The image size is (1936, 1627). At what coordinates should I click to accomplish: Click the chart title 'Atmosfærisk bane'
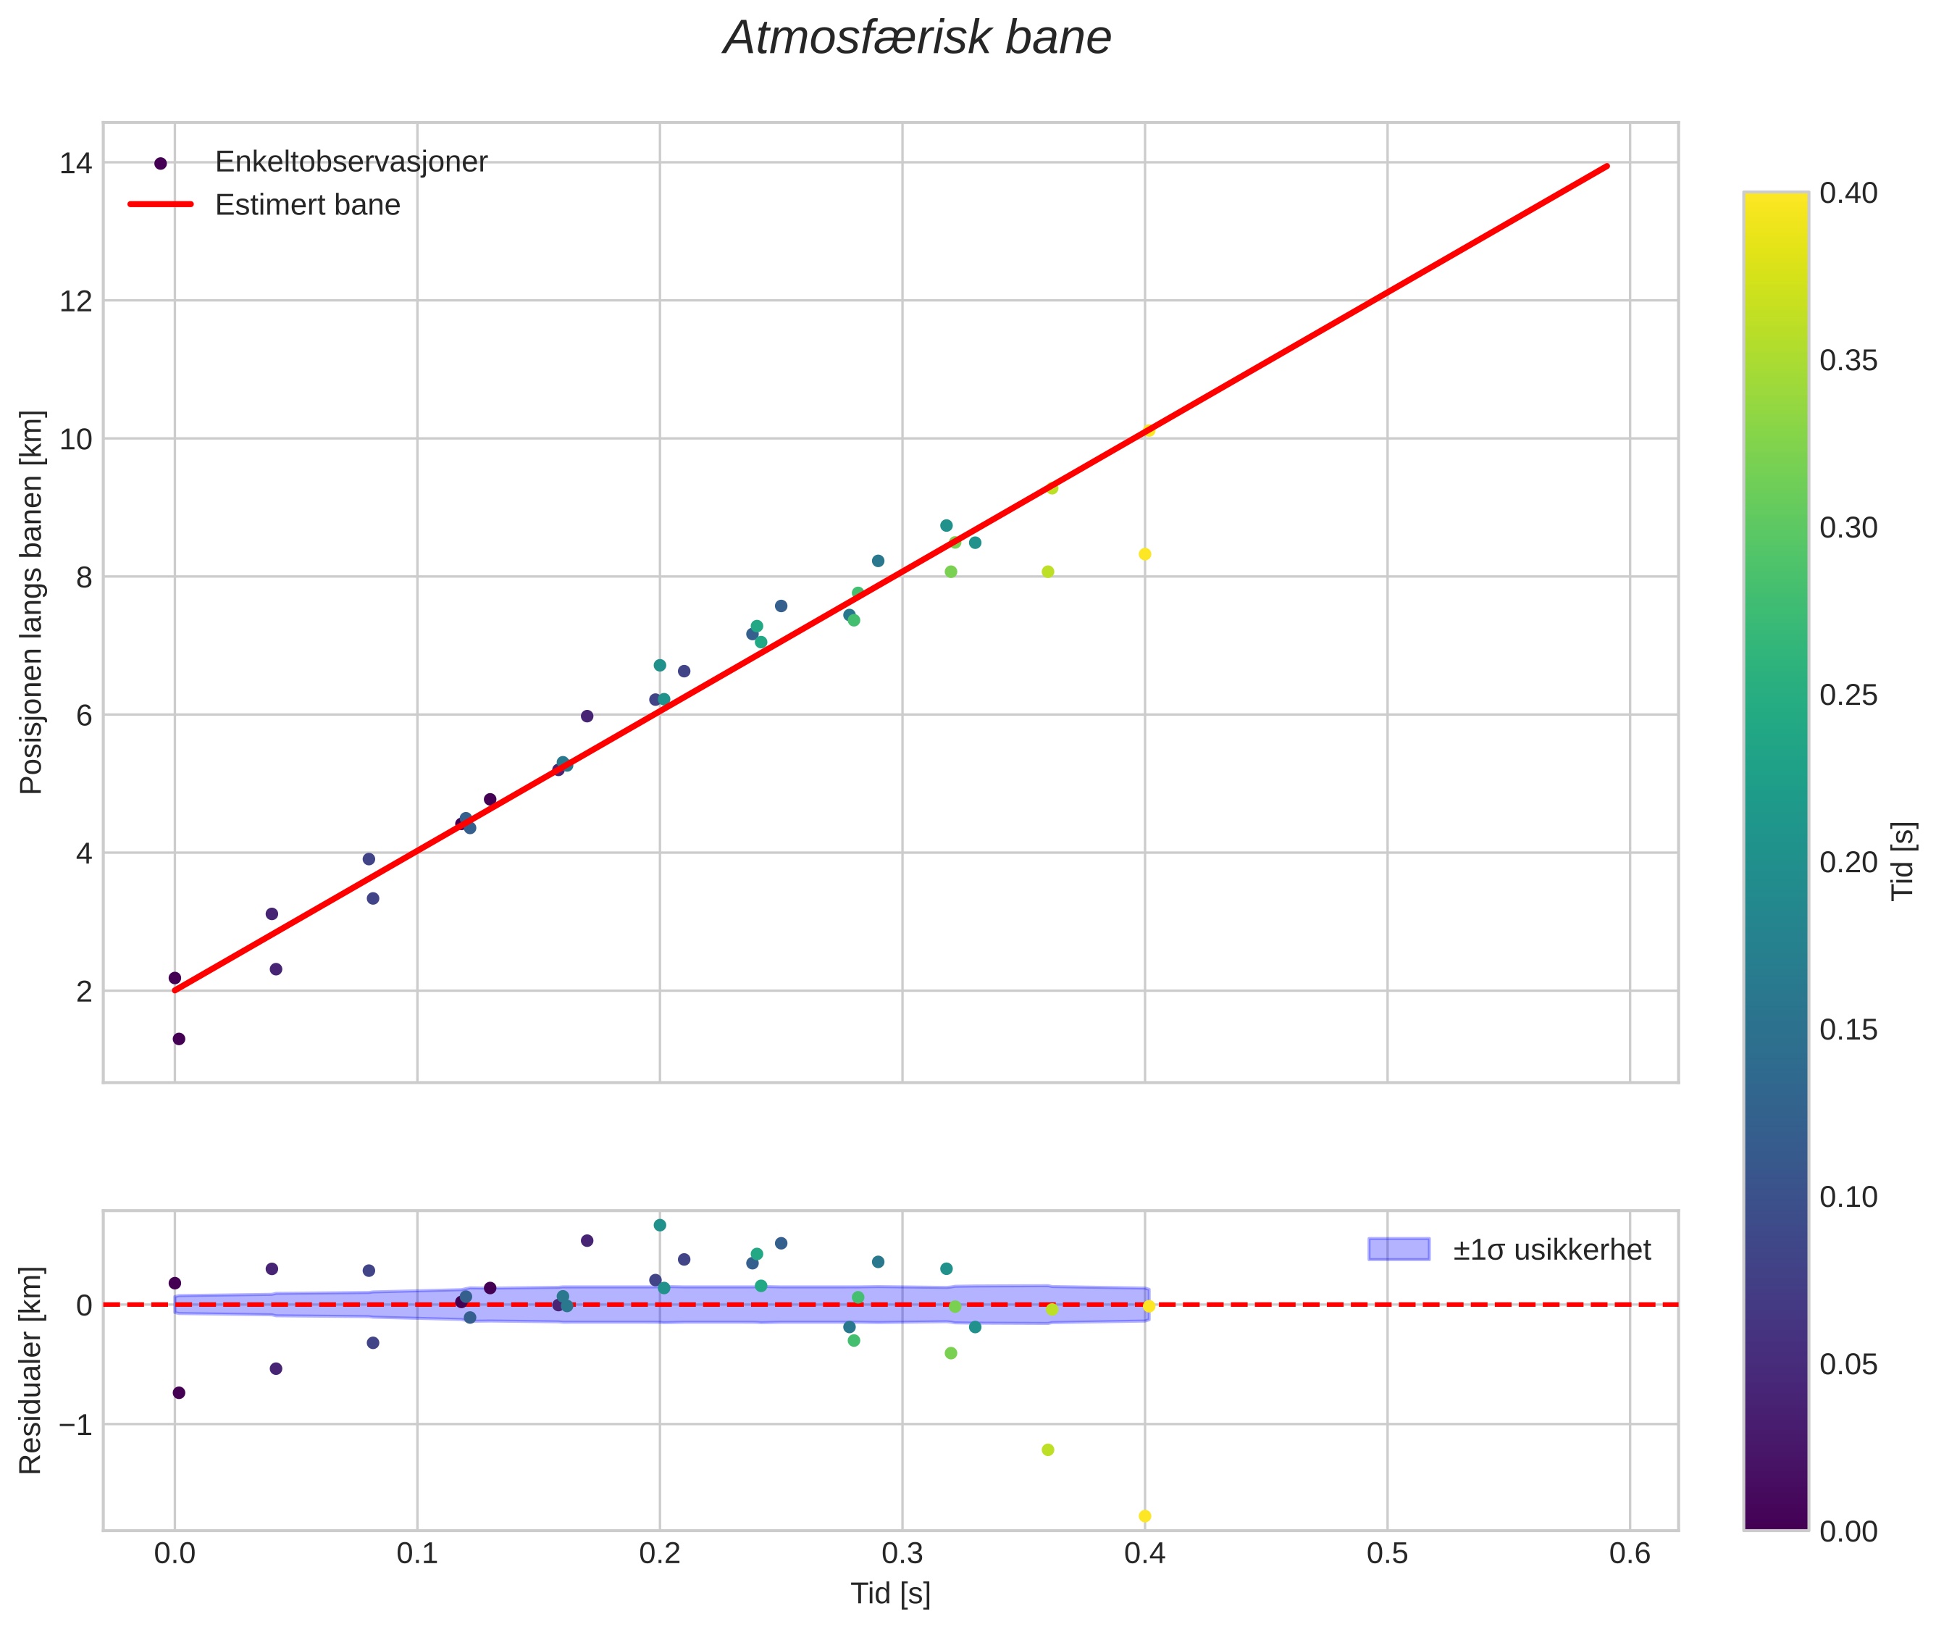[917, 38]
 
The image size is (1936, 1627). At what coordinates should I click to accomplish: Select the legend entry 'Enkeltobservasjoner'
[351, 162]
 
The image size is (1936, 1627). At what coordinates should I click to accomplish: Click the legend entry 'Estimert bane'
[307, 205]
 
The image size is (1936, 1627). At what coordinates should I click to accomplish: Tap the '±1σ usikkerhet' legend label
[1551, 1250]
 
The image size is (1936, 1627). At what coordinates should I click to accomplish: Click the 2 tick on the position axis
[84, 992]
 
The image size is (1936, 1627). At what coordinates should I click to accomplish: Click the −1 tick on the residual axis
[75, 1425]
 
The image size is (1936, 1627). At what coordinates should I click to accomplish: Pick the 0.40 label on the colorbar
[1848, 193]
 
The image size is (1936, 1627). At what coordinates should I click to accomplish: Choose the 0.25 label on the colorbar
[1848, 695]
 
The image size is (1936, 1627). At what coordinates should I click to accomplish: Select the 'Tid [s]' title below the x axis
[890, 1594]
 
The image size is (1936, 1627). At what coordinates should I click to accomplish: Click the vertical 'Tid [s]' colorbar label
[1903, 861]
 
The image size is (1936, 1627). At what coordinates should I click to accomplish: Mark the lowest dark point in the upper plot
[179, 1040]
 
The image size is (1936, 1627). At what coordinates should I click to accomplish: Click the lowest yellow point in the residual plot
[1144, 1516]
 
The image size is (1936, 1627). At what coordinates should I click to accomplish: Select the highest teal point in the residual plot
[660, 1226]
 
